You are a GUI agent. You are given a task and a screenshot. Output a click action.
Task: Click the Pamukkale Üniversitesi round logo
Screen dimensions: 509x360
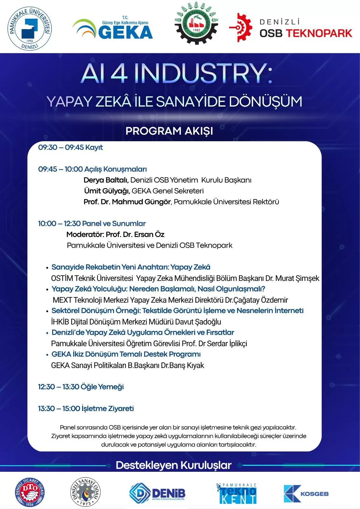[30, 29]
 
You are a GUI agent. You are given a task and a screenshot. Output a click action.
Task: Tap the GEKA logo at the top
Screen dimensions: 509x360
[113, 29]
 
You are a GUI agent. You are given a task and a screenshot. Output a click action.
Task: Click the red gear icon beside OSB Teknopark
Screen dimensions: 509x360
[241, 27]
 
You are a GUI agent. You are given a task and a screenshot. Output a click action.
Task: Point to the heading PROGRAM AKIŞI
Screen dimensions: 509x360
[169, 131]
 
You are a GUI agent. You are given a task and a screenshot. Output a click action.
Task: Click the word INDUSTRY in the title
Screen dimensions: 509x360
[203, 74]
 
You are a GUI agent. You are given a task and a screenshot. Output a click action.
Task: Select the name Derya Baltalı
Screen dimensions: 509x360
[106, 180]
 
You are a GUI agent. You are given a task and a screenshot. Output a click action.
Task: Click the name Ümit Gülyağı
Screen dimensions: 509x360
[107, 191]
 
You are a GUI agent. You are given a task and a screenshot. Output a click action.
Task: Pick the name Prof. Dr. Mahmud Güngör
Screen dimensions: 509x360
[127, 202]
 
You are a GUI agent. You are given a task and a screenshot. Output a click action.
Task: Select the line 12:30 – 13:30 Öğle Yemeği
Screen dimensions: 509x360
[81, 387]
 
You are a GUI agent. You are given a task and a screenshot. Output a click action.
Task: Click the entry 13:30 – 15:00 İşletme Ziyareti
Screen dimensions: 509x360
[86, 408]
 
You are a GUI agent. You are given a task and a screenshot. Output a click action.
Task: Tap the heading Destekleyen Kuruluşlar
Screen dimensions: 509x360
[173, 465]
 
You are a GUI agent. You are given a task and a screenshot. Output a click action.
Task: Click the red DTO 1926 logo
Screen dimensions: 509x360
[30, 492]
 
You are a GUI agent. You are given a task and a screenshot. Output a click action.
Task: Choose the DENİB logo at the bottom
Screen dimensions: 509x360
[157, 493]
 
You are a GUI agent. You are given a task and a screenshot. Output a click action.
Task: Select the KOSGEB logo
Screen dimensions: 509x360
[306, 494]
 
